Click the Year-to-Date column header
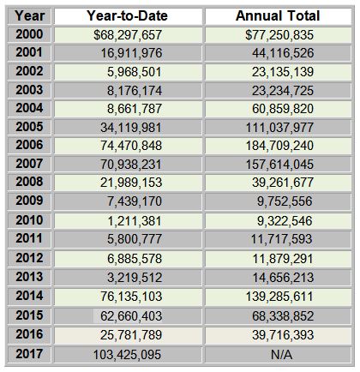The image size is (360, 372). coord(128,16)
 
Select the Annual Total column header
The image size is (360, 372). coord(278,16)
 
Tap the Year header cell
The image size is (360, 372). coord(29,16)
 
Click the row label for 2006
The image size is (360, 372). coord(29,145)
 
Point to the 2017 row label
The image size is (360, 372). coord(29,354)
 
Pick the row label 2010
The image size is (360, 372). coord(29,220)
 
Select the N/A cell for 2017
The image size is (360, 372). coord(281,355)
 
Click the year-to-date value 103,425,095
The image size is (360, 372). coord(128,355)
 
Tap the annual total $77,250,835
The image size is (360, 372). coord(279,35)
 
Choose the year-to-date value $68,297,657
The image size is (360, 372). coord(128,35)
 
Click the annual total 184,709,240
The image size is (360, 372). coord(279,146)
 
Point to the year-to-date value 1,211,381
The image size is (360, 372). coord(135,221)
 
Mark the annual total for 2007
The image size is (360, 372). coord(279,165)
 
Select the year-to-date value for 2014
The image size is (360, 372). coord(131,297)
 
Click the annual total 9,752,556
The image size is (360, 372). coord(285,201)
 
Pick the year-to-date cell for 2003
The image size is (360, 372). coord(135,91)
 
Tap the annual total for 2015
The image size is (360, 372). coord(283,316)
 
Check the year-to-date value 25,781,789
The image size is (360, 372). coord(131,335)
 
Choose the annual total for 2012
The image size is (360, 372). coord(283,259)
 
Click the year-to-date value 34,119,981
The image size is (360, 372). coord(131,128)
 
